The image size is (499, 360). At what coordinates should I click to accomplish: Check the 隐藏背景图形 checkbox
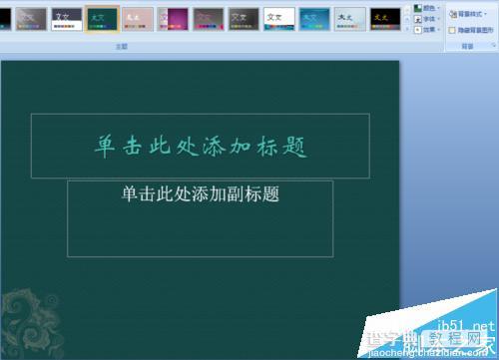452,30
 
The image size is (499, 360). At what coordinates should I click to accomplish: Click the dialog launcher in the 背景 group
493,46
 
